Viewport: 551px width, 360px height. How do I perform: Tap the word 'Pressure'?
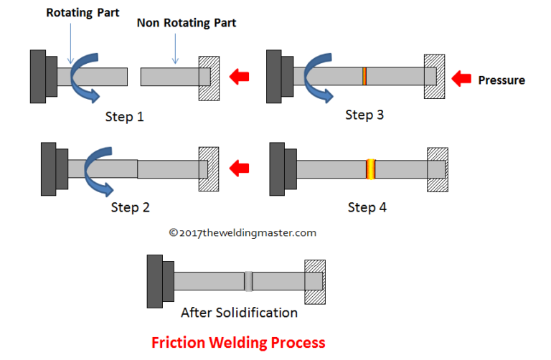(x=501, y=80)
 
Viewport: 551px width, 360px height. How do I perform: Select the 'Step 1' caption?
(x=125, y=116)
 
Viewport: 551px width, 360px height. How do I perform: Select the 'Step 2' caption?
(x=130, y=207)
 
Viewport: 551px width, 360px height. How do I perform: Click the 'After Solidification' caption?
(x=239, y=313)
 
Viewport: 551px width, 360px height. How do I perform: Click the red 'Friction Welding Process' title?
(x=238, y=342)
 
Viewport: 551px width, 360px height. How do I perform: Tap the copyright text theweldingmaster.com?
(x=242, y=232)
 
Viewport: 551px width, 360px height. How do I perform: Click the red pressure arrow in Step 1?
(x=239, y=75)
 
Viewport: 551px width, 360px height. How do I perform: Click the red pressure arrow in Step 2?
(x=239, y=169)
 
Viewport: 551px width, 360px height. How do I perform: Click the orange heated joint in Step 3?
(x=364, y=75)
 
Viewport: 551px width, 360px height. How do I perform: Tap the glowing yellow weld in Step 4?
(x=371, y=169)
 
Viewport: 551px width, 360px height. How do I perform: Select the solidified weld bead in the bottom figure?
(x=248, y=280)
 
